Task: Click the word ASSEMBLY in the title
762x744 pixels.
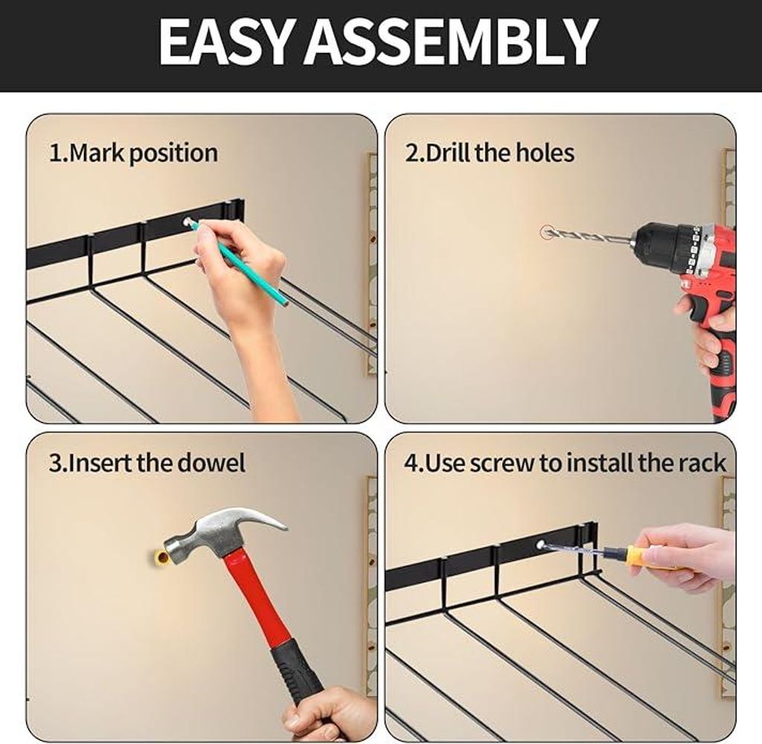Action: pos(452,42)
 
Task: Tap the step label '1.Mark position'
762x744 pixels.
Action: pos(133,153)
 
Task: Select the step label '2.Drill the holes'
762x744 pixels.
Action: pos(490,153)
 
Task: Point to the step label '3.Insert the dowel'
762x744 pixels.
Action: pos(147,463)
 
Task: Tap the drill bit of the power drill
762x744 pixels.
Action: pos(589,237)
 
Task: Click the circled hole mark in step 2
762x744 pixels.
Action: pos(547,232)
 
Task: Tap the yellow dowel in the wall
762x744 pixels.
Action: pos(161,558)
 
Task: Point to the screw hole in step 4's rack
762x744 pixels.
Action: pos(540,545)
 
